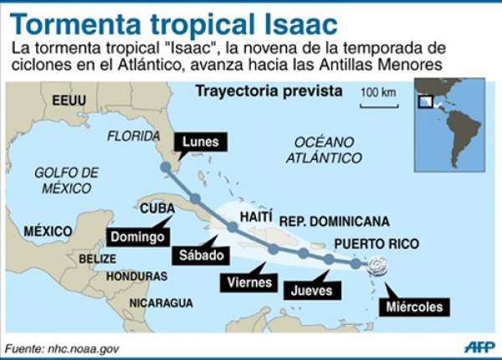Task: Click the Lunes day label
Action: (x=200, y=141)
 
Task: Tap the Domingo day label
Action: (x=136, y=236)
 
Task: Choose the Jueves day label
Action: (x=311, y=291)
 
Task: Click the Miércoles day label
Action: (x=414, y=306)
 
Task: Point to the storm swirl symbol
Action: (x=377, y=267)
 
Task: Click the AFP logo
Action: (x=479, y=347)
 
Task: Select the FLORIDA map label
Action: (x=134, y=136)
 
